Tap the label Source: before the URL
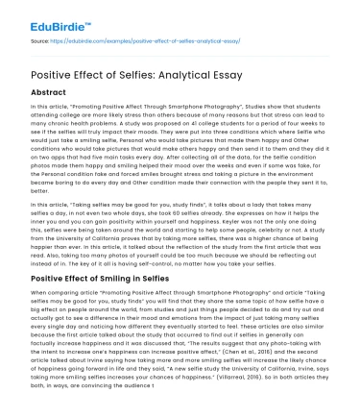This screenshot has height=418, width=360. pos(39,43)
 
